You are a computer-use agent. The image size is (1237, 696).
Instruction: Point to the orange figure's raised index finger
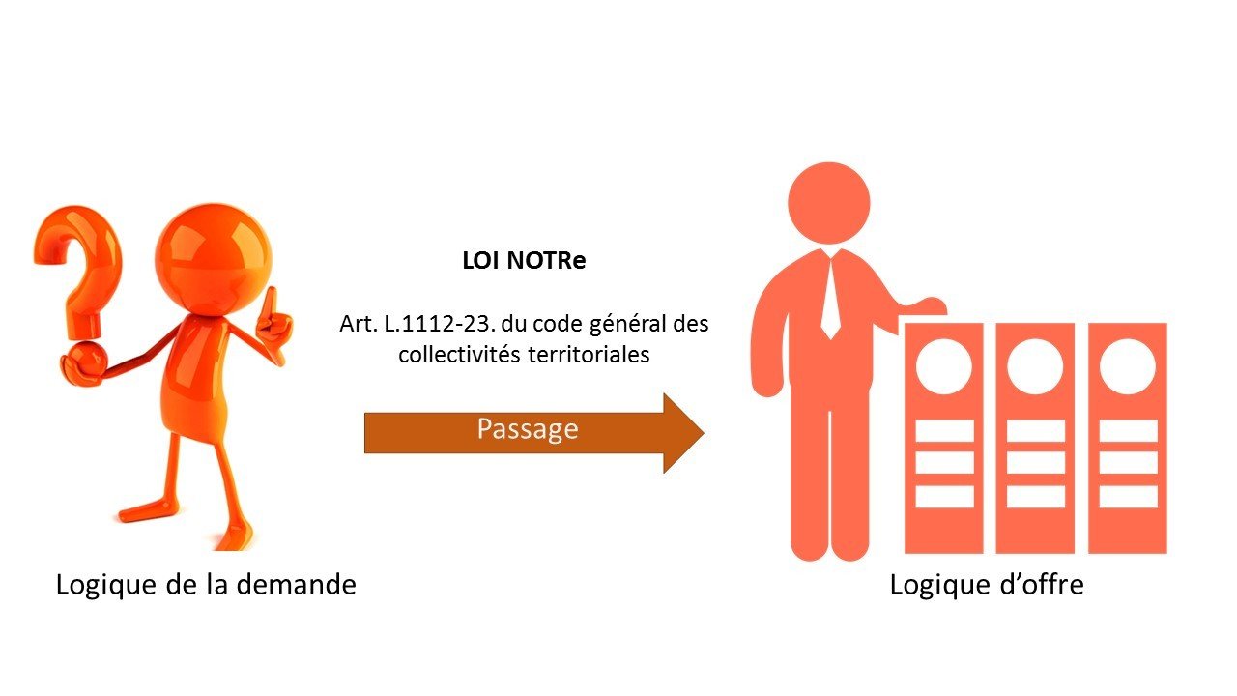(272, 302)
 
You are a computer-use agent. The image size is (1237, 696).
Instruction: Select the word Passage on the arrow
(527, 429)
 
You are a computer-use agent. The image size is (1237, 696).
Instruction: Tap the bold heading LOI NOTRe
(525, 262)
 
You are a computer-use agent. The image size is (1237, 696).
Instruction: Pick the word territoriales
(589, 355)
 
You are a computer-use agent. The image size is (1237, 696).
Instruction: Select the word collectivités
(460, 355)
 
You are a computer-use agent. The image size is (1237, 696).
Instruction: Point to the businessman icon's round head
(829, 202)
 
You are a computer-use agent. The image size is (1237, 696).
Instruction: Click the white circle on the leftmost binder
(943, 367)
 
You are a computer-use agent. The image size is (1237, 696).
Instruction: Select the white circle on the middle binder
(1035, 367)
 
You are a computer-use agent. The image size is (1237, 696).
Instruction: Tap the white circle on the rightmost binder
(1128, 367)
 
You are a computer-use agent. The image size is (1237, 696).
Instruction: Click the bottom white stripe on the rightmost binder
(1128, 495)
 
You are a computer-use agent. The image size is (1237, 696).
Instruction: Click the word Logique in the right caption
(934, 585)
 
